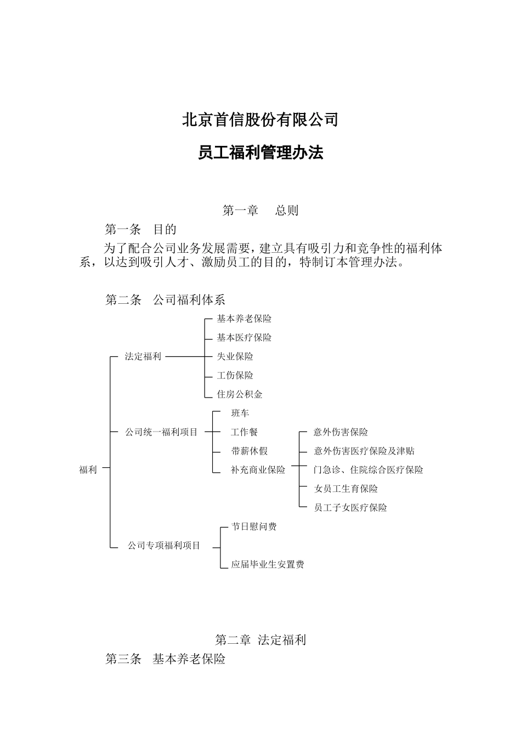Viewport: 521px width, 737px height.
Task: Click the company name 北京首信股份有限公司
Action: click(260, 120)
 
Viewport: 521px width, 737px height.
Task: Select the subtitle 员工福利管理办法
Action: click(260, 153)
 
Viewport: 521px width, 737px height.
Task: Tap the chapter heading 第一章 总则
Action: click(260, 211)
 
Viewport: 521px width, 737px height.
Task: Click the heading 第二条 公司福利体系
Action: click(165, 300)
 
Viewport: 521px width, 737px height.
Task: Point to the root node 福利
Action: click(88, 469)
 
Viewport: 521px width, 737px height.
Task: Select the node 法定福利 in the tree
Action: click(143, 356)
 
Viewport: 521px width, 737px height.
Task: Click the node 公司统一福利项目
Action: click(161, 432)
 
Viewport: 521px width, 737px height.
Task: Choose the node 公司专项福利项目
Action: click(164, 546)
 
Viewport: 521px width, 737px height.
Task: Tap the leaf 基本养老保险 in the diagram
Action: click(244, 319)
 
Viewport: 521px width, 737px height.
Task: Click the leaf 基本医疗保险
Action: click(244, 338)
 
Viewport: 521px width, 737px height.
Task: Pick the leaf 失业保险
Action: click(235, 356)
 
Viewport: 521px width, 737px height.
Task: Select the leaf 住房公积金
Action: click(240, 394)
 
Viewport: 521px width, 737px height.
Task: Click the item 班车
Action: click(240, 413)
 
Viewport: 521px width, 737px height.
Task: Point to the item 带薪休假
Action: click(249, 451)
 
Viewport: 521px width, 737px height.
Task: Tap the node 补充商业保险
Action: click(258, 470)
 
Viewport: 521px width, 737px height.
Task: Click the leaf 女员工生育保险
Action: click(346, 489)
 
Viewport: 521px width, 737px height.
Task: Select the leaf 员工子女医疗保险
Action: click(350, 508)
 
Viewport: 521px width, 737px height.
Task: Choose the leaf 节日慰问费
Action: click(253, 526)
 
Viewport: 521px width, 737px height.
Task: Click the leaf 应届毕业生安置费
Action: click(267, 564)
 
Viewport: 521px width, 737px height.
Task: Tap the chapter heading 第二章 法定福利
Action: click(260, 640)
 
